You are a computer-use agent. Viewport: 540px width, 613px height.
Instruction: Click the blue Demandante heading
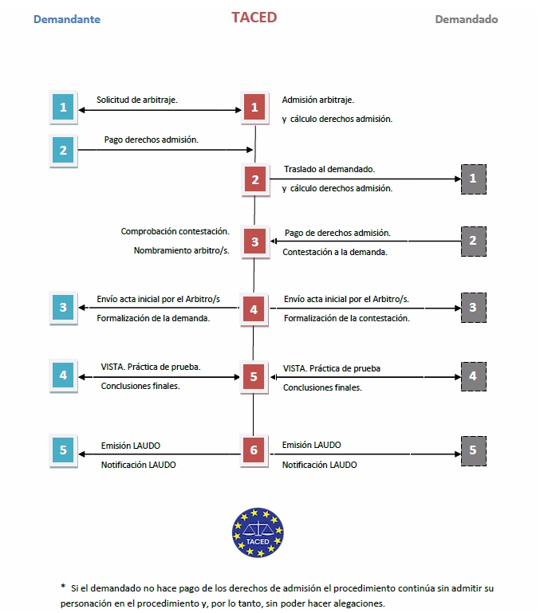pos(67,19)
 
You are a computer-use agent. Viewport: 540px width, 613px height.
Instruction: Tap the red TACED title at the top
pos(254,18)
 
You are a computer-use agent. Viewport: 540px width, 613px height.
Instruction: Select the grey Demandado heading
pos(467,19)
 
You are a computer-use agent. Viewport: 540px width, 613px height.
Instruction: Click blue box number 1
pos(63,107)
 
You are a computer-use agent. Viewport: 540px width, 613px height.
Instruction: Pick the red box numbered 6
pos(254,450)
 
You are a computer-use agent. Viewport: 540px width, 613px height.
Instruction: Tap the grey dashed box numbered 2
pos(474,242)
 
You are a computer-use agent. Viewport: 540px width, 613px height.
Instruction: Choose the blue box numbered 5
pos(63,450)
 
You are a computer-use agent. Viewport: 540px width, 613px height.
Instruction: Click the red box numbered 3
pos(255,242)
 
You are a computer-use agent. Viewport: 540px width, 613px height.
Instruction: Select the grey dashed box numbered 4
pos(474,376)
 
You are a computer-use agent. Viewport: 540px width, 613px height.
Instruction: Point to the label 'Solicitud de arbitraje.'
pos(137,100)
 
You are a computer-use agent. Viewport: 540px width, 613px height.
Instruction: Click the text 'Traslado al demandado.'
pos(329,169)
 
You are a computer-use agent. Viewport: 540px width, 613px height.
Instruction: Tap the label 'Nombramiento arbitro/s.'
pos(182,250)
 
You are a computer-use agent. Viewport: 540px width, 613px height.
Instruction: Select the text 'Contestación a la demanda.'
pos(335,252)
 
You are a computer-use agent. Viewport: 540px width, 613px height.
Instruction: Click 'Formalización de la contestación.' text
pos(347,318)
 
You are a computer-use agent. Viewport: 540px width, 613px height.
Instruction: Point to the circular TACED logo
pos(258,532)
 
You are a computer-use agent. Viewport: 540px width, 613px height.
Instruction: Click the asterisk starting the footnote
pos(63,586)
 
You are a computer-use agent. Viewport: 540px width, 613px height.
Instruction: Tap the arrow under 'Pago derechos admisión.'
pos(165,150)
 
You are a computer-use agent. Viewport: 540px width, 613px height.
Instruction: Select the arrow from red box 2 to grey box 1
pos(365,179)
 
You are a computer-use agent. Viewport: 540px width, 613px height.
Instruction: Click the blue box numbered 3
pos(63,308)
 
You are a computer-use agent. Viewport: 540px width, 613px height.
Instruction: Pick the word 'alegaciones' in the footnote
pos(361,603)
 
